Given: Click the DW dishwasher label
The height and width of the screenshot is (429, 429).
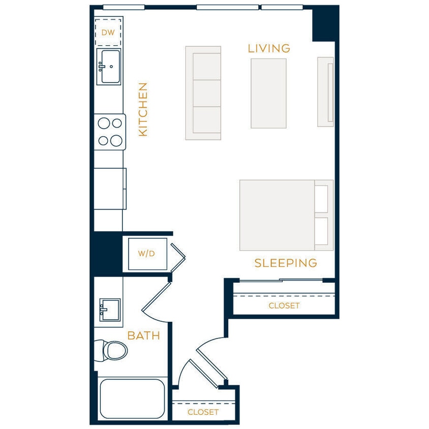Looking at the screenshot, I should [x=108, y=33].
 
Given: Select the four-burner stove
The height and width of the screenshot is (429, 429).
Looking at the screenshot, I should [x=110, y=132].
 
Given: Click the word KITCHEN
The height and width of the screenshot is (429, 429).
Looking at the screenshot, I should [x=143, y=109].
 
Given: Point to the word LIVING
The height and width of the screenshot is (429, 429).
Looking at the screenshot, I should [x=269, y=49].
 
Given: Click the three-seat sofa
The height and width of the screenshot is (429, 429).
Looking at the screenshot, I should [x=203, y=93].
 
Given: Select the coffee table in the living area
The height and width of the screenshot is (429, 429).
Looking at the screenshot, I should [x=268, y=94].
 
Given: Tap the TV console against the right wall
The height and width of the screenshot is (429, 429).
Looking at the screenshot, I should [x=325, y=91].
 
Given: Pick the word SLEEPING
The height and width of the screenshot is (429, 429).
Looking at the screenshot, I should [x=286, y=263].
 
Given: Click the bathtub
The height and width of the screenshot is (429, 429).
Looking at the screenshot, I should [x=132, y=399].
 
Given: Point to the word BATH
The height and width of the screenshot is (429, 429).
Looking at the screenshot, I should [x=143, y=336].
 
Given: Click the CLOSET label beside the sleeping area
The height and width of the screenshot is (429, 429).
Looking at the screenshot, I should [x=284, y=305].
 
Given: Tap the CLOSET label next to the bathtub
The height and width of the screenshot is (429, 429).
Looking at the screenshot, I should [x=203, y=412].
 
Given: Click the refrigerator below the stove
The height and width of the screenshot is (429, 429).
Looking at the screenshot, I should [x=110, y=188].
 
